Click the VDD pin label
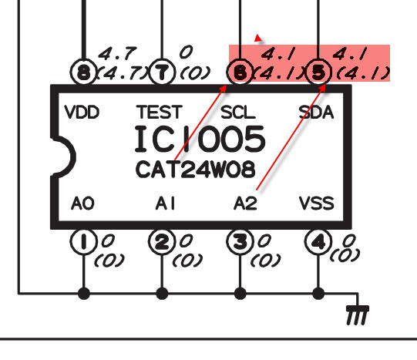pyautogui.click(x=82, y=113)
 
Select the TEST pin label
pyautogui.click(x=160, y=112)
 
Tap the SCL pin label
pyautogui.click(x=238, y=113)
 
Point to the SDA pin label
pyautogui.click(x=316, y=113)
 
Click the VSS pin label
pyautogui.click(x=317, y=204)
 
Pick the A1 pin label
pyautogui.click(x=165, y=204)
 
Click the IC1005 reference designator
pyautogui.click(x=200, y=139)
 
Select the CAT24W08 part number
pyautogui.click(x=196, y=170)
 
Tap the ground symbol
pyautogui.click(x=358, y=315)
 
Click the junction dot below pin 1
pyautogui.click(x=84, y=294)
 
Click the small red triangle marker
pyautogui.click(x=257, y=38)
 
